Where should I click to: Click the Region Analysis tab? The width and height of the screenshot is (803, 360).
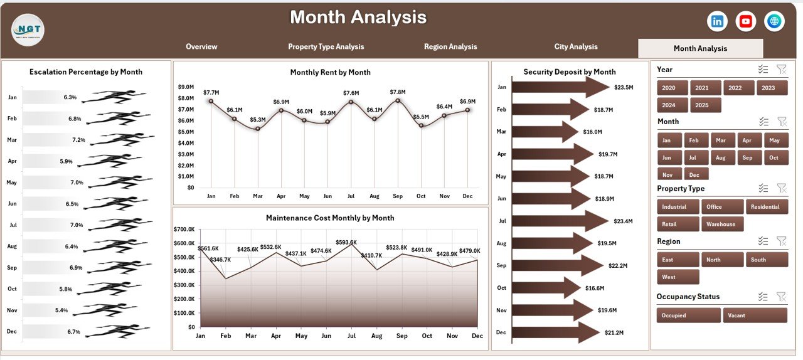pos(450,46)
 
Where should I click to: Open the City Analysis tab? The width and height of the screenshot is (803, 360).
pos(576,46)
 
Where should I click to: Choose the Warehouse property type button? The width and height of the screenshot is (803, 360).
pos(722,224)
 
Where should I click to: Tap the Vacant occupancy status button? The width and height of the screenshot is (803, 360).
pos(755,315)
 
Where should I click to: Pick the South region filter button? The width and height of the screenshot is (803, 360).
pos(766,260)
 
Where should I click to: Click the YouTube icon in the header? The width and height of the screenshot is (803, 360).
pos(746,21)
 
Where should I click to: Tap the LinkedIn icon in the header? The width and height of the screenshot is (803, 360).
pos(717,21)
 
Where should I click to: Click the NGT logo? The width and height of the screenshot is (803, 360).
pos(28,29)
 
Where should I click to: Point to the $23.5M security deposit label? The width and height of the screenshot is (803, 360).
pos(624,87)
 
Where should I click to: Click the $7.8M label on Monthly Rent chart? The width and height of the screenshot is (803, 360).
pos(397,92)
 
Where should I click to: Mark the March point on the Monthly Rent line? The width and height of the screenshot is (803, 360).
pos(257,129)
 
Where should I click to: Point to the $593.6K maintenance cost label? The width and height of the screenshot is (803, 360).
pos(346,242)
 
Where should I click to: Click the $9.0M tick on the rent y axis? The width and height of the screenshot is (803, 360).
pos(186,87)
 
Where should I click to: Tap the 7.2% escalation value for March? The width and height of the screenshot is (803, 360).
pos(78,140)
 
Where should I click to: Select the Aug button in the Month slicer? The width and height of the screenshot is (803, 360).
pos(720,158)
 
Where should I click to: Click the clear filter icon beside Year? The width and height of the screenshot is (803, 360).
pos(781,70)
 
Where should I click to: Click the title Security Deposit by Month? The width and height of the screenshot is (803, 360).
pos(569,72)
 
